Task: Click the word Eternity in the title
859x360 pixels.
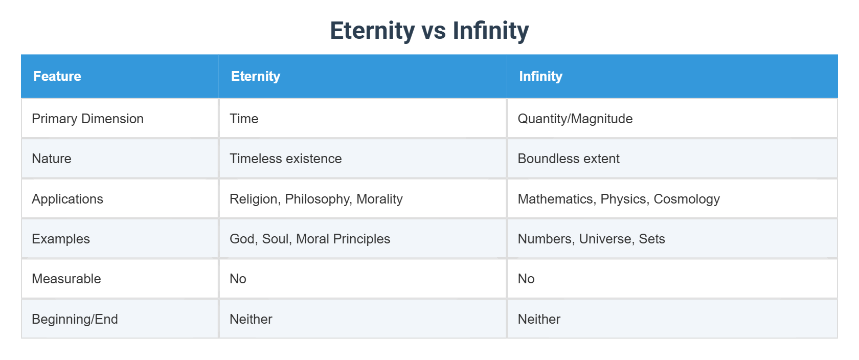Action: (372, 31)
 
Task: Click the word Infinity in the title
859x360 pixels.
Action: (490, 31)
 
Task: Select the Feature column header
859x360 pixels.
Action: (57, 76)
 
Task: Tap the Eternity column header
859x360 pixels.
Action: (256, 76)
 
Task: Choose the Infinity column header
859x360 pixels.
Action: (540, 76)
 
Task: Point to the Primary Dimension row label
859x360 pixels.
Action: (87, 119)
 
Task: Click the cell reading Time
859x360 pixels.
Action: (244, 119)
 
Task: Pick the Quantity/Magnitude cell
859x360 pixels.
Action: (575, 119)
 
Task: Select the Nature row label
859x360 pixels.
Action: (52, 159)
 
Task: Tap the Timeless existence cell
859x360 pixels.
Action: (285, 159)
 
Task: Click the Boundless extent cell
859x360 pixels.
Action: (569, 159)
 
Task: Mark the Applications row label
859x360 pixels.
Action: (67, 199)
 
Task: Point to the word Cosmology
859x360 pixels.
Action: (687, 199)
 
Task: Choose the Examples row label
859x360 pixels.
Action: (61, 239)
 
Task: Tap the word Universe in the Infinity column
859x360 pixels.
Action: (605, 239)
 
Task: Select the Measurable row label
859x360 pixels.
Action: (66, 279)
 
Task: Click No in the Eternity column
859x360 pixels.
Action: (238, 279)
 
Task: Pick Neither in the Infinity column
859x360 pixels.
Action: (539, 319)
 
